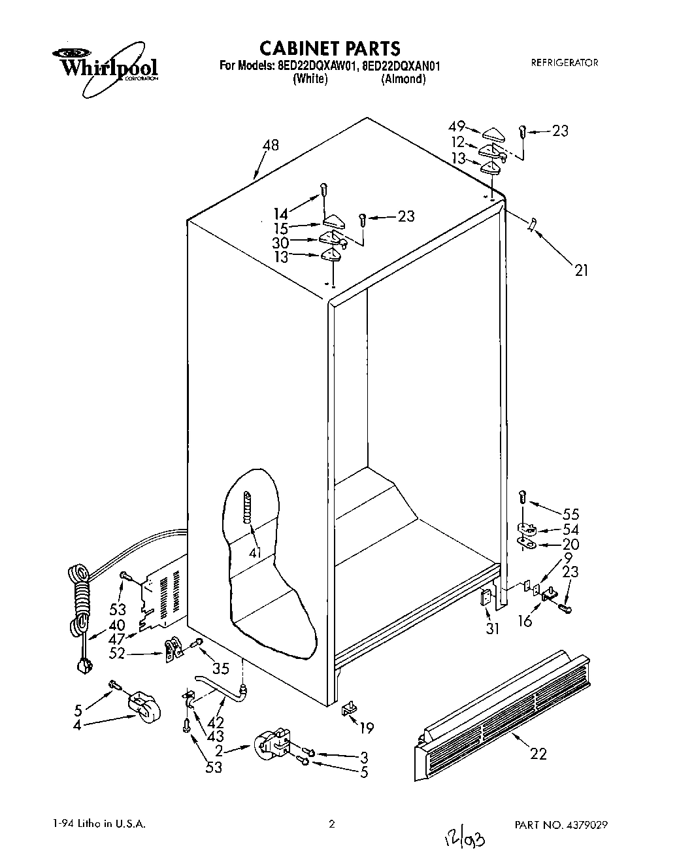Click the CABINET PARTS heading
[x=329, y=48]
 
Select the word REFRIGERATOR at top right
[x=564, y=63]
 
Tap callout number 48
[x=269, y=145]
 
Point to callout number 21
[x=580, y=269]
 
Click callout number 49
[x=456, y=127]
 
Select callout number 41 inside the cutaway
[x=256, y=553]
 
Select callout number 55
[x=570, y=514]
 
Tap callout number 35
[x=221, y=668]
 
